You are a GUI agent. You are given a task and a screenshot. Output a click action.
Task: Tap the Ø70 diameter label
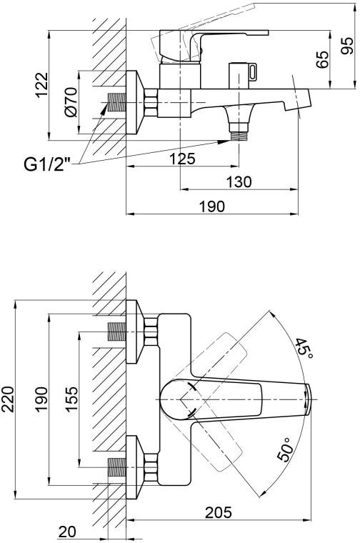[x=71, y=102]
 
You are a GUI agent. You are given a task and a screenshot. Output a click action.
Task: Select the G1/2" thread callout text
[x=47, y=165]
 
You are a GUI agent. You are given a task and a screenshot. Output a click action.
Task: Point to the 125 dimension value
[x=182, y=159]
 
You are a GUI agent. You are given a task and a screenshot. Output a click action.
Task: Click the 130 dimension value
[x=239, y=181]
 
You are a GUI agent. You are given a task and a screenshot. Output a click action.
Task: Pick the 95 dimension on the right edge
[x=347, y=46]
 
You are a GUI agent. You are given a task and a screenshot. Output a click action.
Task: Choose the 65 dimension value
[x=322, y=59]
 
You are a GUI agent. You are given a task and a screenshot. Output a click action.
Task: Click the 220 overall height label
[x=8, y=399]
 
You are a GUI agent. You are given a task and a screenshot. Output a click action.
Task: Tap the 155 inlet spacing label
[x=71, y=399]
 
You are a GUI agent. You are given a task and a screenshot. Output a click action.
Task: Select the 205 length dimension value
[x=219, y=512]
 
